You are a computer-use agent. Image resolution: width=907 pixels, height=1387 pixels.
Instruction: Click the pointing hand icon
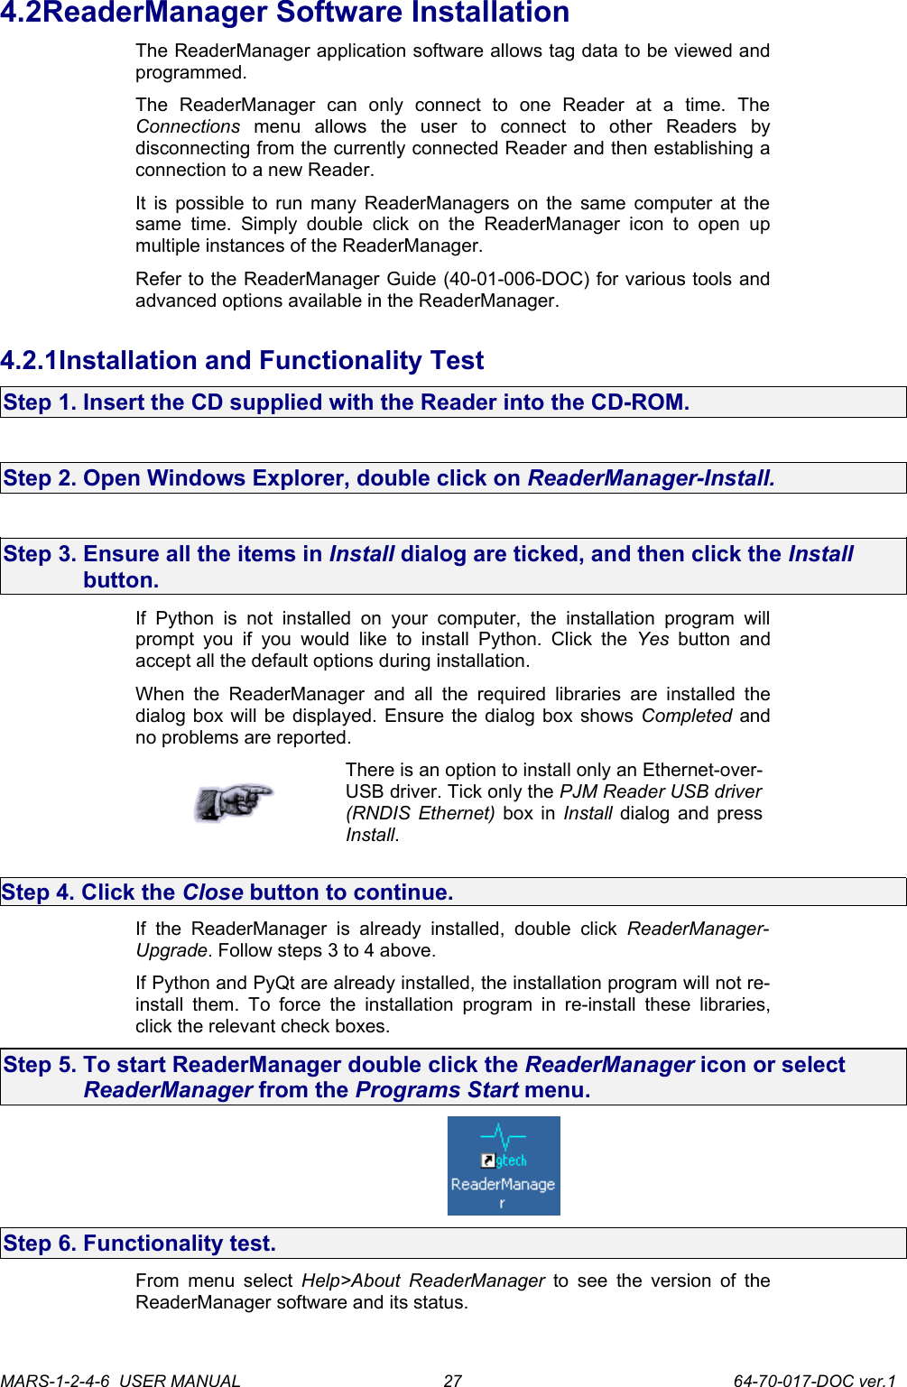coord(234,801)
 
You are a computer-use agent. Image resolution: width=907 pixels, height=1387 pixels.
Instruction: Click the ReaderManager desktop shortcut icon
coord(504,1165)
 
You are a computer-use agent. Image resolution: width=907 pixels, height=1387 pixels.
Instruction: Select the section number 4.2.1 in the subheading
coord(29,361)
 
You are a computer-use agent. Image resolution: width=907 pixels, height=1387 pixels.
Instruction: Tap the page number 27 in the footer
coord(452,1380)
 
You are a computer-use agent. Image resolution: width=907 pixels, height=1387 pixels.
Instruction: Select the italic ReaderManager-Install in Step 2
coord(651,478)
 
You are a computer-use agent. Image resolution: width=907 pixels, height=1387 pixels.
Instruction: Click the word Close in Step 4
coord(213,892)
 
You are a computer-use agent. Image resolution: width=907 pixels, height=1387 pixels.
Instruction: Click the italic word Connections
coord(188,126)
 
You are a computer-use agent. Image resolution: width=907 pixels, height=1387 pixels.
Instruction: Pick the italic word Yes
coord(652,639)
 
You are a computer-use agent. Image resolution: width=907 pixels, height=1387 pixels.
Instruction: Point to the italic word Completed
coord(687,716)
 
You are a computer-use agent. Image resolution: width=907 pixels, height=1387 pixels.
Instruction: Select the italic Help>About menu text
coord(351,1281)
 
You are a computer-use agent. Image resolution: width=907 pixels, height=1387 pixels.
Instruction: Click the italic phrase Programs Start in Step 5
coord(437,1090)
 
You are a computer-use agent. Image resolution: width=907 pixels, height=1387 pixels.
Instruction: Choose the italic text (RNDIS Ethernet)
coord(420,813)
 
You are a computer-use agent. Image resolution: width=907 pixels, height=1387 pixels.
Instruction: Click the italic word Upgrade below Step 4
coord(171,950)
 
